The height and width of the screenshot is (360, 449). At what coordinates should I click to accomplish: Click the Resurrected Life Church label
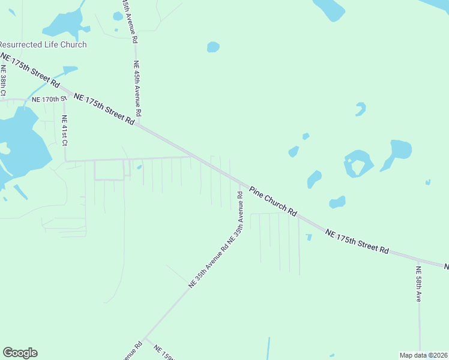click(43, 44)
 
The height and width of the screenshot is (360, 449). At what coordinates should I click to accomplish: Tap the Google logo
click(20, 353)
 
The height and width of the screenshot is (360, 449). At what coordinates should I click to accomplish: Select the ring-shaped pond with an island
click(358, 163)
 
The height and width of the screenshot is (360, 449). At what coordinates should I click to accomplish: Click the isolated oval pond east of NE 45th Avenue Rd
click(213, 47)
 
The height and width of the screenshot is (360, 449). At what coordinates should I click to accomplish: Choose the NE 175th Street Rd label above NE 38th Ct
click(30, 68)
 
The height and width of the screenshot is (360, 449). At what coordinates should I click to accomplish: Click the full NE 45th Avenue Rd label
click(137, 88)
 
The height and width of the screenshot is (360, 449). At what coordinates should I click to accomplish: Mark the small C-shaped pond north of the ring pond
click(360, 109)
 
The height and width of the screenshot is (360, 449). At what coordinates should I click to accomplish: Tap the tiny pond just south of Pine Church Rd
click(309, 238)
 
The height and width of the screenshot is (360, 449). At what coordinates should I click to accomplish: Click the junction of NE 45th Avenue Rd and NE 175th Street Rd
click(139, 125)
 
